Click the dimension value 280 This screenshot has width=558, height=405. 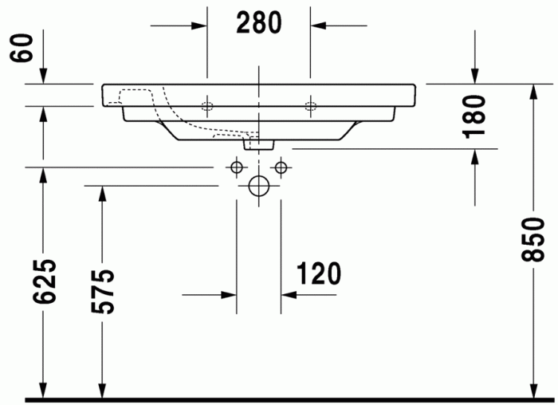pos(259,23)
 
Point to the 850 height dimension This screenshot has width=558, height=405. pos(532,239)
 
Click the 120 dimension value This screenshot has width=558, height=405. pos(319,273)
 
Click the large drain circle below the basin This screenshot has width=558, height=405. pos(259,186)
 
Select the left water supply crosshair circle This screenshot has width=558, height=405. pos(236,167)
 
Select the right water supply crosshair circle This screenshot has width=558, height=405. pos(281,167)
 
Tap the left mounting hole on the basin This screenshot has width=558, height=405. pos(207,105)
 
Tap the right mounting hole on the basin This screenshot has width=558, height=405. pos(310,105)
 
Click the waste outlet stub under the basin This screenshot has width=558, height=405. pos(259,144)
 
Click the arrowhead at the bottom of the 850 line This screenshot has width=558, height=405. pos(532,390)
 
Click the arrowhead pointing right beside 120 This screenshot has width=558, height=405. pos(229,294)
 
